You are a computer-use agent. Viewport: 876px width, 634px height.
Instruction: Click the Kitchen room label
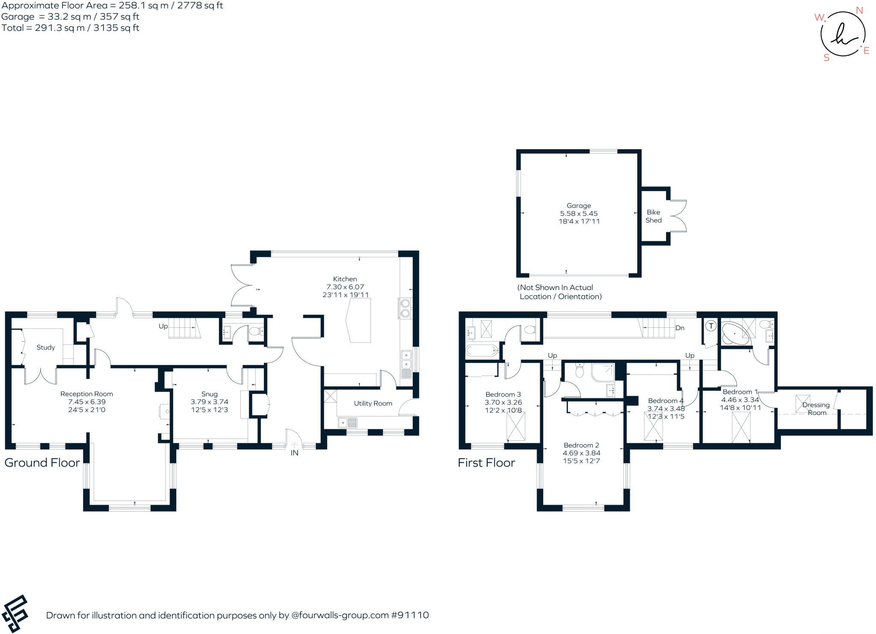tap(345, 279)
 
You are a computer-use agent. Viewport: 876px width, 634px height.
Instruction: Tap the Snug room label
tap(210, 394)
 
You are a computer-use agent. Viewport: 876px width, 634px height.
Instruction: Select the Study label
tap(46, 347)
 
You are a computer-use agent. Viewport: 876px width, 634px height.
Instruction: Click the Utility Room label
tap(373, 403)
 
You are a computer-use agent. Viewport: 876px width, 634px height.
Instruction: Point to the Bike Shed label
tap(654, 216)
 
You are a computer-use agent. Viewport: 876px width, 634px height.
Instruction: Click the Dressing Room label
tap(816, 409)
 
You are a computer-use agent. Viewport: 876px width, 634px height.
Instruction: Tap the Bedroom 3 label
tap(503, 394)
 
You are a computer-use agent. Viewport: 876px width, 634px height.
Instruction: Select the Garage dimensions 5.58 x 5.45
tap(579, 213)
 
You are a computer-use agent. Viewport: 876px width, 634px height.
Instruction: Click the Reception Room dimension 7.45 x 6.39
tap(86, 402)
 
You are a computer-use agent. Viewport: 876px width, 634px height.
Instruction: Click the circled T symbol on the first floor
tap(711, 326)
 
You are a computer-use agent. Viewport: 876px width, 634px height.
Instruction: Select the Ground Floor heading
tap(42, 463)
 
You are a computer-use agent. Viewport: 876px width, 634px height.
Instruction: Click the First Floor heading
tap(486, 463)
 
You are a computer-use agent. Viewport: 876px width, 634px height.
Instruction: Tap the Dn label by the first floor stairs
tap(680, 328)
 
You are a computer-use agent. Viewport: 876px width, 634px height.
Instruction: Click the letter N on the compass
tap(859, 10)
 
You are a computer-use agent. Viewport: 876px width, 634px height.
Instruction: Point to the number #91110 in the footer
tap(410, 615)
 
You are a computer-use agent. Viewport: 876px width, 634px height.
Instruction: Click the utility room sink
tap(348, 423)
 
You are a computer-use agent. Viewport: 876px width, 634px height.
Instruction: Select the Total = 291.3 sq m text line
tap(70, 28)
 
